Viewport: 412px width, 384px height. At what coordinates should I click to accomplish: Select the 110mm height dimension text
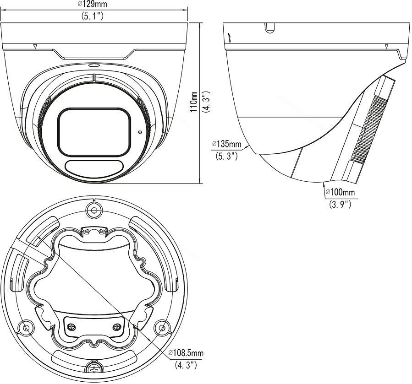(x=194, y=102)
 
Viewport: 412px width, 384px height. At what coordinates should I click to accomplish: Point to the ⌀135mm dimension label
(x=226, y=144)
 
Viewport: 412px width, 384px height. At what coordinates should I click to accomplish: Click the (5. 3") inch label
(x=227, y=157)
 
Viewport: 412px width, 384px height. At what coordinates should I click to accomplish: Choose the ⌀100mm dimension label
(x=340, y=192)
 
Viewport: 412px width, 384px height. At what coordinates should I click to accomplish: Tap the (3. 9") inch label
(x=340, y=204)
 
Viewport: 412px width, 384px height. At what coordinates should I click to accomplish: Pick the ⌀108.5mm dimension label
(x=186, y=353)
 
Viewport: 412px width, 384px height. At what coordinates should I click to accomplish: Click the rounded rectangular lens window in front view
(x=94, y=132)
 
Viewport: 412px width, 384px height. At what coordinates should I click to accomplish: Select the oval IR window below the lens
(x=94, y=167)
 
